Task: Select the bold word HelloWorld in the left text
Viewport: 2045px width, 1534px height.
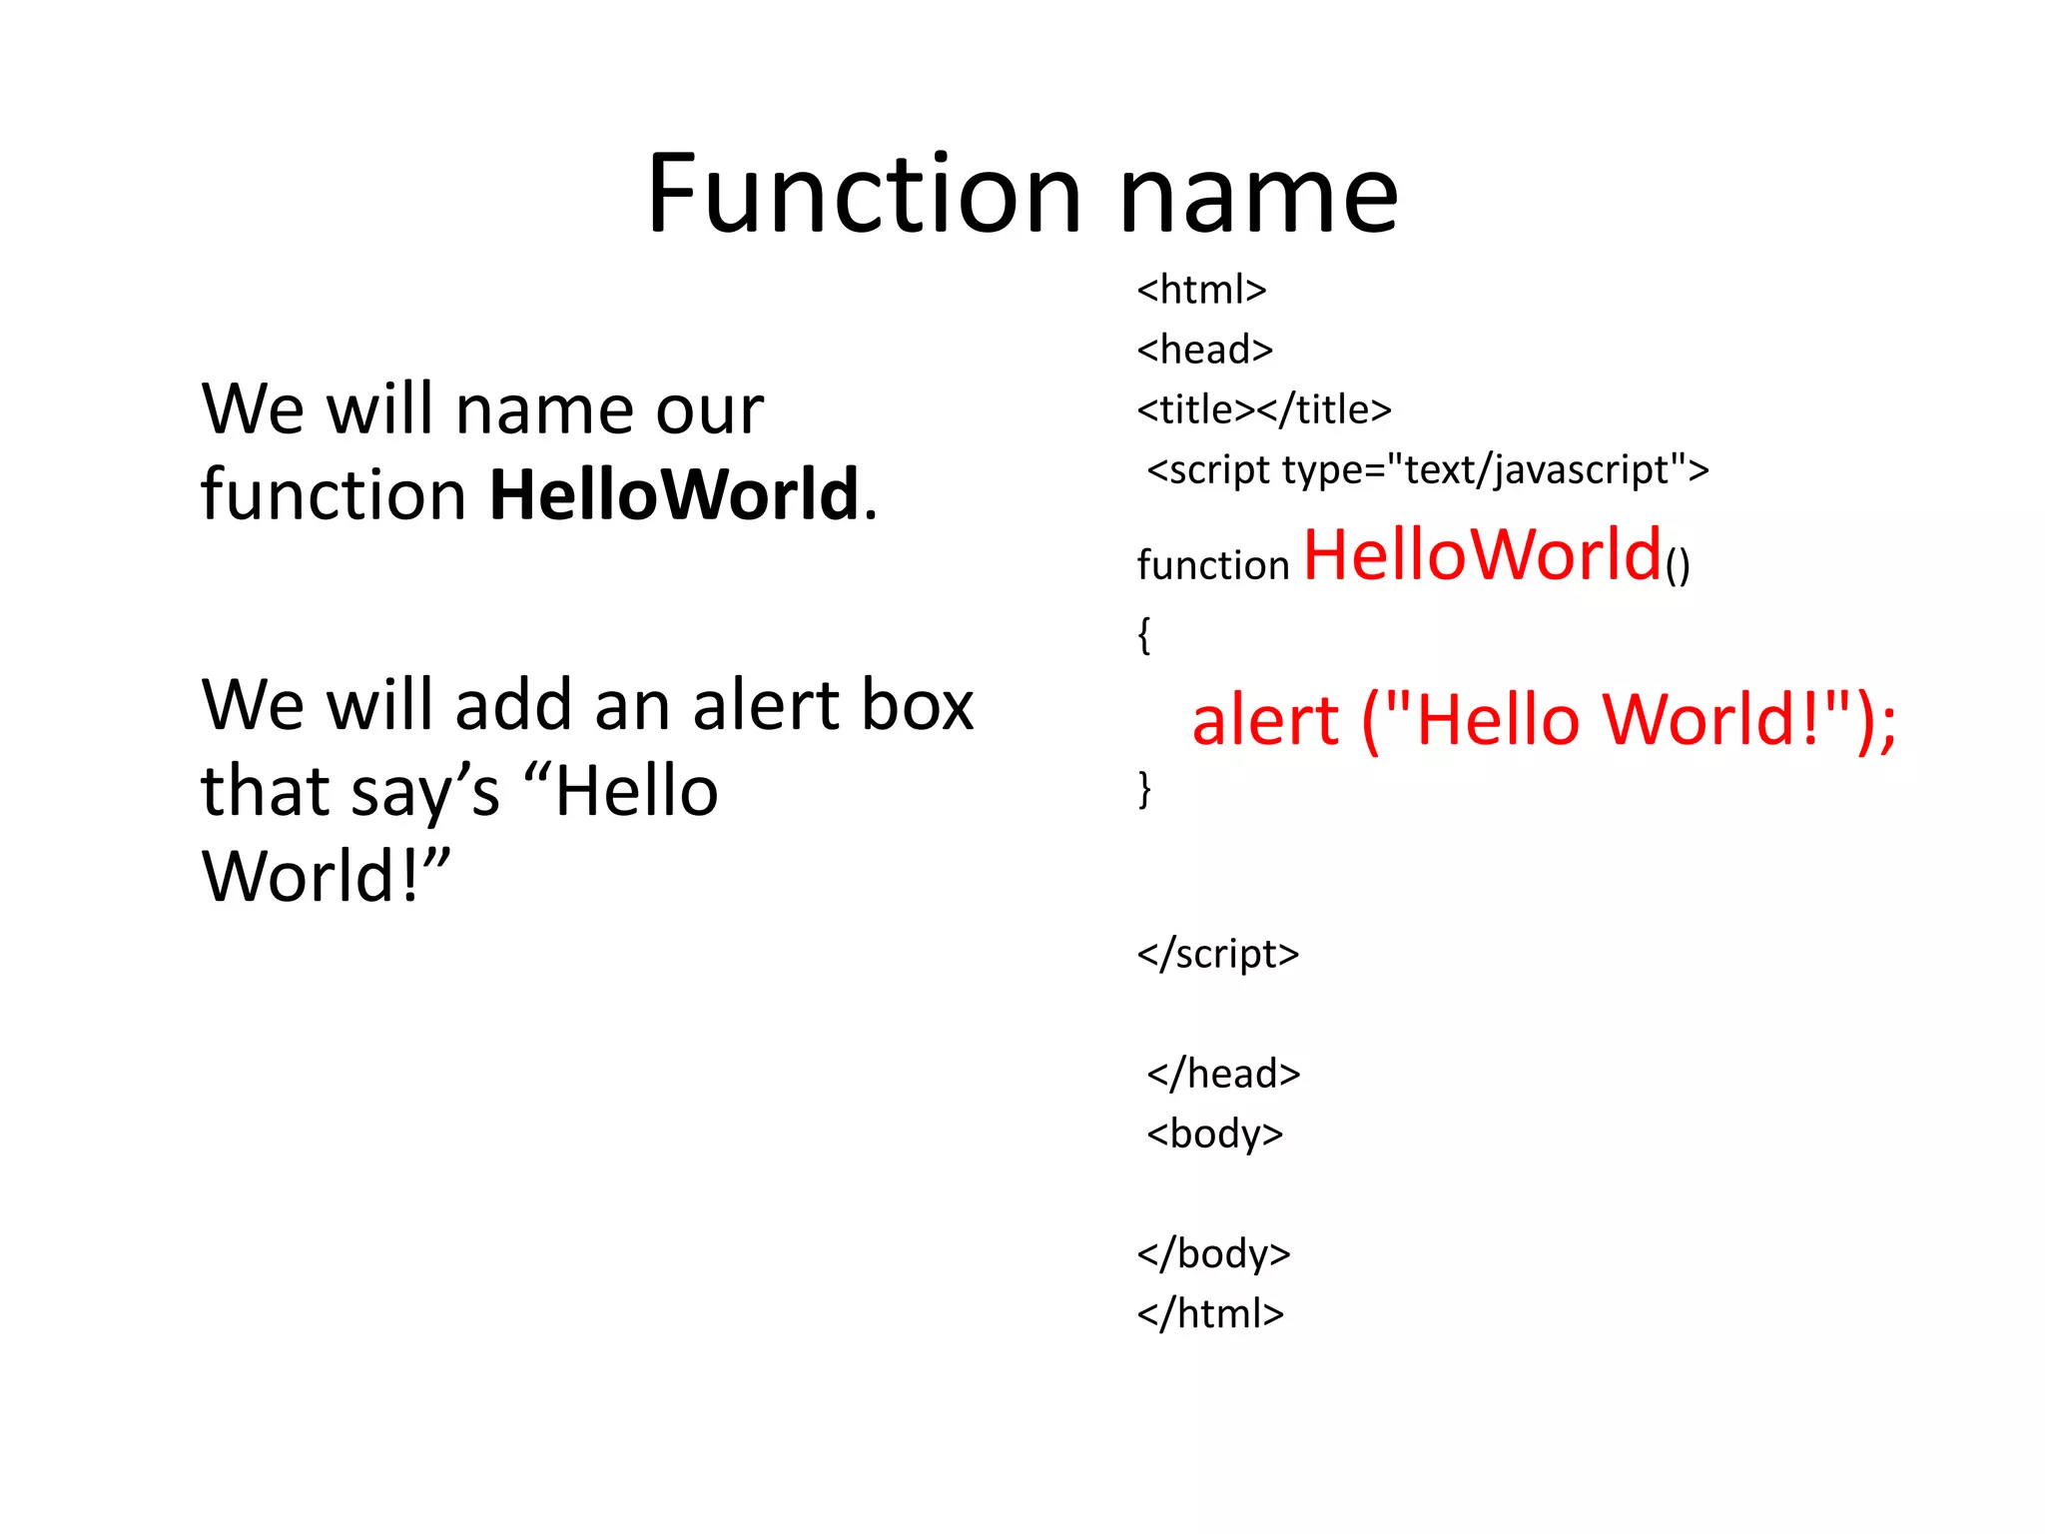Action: [x=674, y=494]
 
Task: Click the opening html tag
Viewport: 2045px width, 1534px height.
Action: [x=1201, y=290]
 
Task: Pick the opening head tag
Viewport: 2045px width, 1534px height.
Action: [x=1204, y=350]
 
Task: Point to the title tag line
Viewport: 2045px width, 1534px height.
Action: [x=1263, y=409]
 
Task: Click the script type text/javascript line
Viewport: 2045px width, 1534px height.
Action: [x=1428, y=469]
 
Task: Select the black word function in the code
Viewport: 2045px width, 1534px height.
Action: [x=1213, y=565]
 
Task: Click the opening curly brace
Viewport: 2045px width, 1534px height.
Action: [x=1144, y=635]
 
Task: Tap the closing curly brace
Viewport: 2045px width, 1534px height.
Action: [x=1144, y=789]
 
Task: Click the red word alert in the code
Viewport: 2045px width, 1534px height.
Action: [x=1265, y=720]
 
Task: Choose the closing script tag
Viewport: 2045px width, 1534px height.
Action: [x=1217, y=954]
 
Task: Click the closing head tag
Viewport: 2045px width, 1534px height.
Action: [x=1223, y=1074]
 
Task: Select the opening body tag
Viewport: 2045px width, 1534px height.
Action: [x=1214, y=1134]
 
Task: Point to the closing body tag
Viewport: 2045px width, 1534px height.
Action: [x=1213, y=1253]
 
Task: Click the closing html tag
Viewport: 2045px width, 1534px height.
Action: [x=1210, y=1313]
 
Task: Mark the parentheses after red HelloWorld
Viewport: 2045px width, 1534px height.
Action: [x=1678, y=565]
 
